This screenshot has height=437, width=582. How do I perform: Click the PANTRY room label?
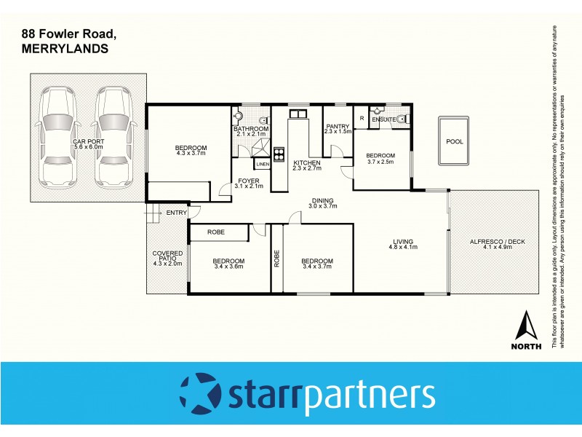[338, 126]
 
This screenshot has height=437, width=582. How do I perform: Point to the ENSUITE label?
[383, 119]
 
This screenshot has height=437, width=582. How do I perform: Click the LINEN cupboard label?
[263, 165]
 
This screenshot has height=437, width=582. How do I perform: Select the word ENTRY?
[176, 213]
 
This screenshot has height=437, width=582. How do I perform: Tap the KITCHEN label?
[306, 162]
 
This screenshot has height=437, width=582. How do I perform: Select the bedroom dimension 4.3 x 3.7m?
[191, 154]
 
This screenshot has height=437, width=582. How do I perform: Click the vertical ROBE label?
[276, 259]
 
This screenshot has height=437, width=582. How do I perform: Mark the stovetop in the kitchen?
[278, 154]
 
